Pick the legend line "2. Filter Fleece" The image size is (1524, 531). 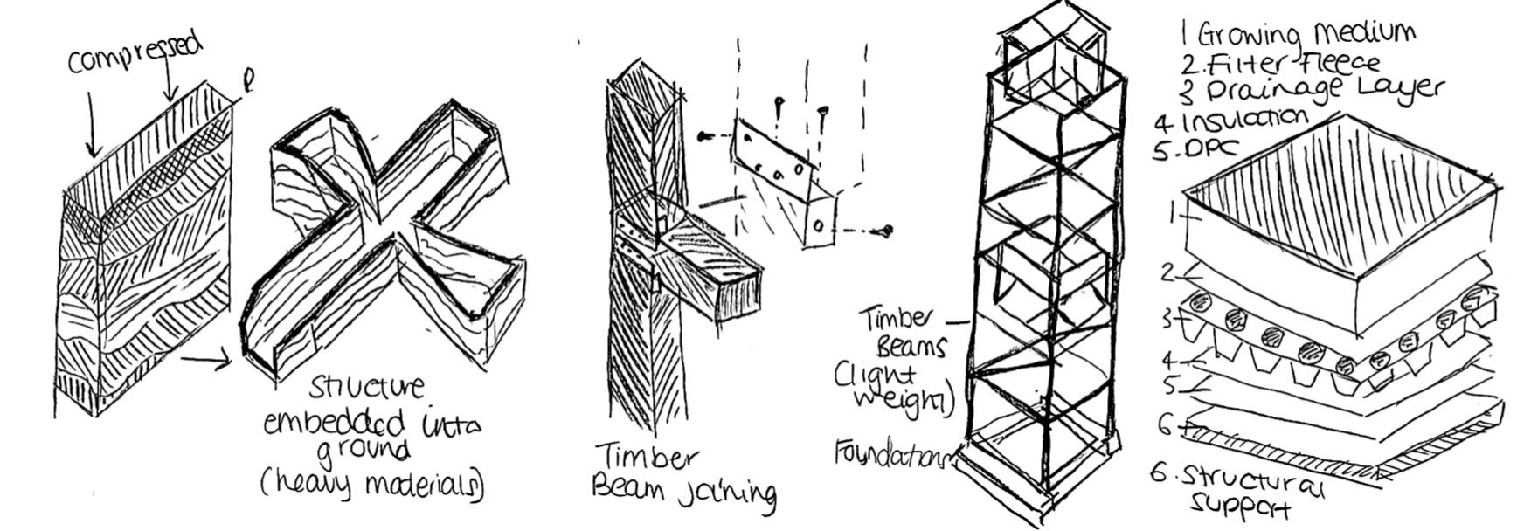[1280, 63]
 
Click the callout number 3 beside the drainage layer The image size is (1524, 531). [1167, 320]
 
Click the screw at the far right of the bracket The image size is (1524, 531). [887, 231]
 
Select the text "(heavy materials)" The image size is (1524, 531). [371, 482]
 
